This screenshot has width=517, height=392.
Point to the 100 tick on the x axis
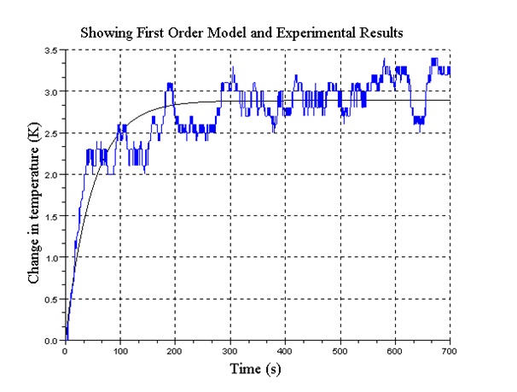[120, 350]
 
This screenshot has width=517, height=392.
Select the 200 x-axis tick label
[175, 350]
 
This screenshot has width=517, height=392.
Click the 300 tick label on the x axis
[230, 350]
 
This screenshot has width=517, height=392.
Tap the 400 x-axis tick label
[285, 350]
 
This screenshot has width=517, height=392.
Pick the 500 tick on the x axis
[340, 350]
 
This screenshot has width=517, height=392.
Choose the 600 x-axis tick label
[395, 350]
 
